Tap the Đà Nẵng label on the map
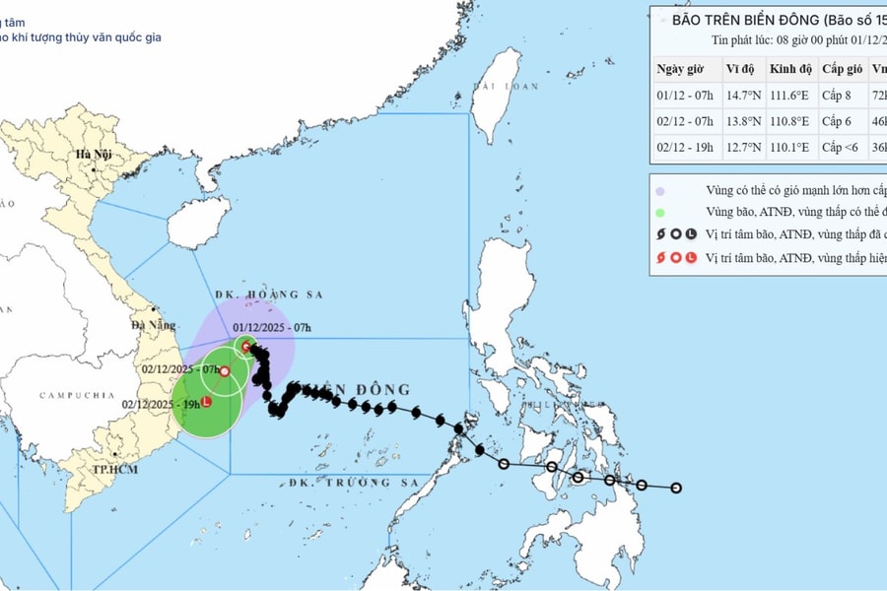click(150, 323)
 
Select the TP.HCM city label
click(113, 469)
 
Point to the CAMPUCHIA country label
click(78, 395)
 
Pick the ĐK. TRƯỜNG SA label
click(341, 483)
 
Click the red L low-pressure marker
click(206, 401)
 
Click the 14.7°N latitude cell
click(744, 96)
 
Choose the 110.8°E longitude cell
click(790, 121)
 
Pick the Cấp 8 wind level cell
click(843, 96)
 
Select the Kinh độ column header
click(791, 69)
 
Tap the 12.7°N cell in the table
click(744, 147)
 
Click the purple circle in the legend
click(659, 190)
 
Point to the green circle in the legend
click(659, 212)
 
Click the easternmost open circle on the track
click(676, 488)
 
